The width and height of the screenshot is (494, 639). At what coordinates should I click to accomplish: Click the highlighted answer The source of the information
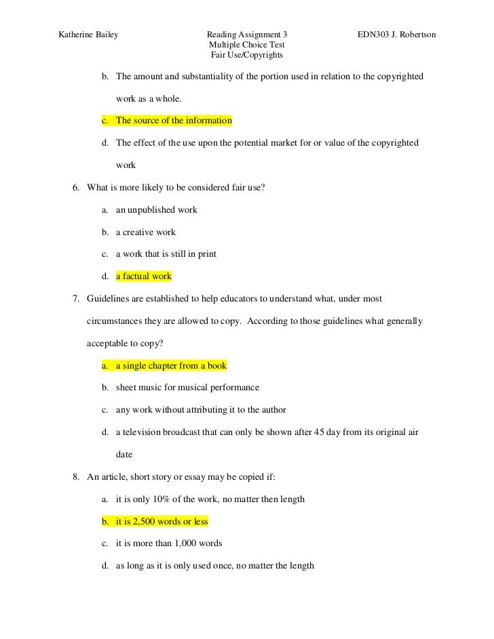pos(174,121)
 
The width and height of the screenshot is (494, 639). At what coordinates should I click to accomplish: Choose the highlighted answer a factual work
pos(144,276)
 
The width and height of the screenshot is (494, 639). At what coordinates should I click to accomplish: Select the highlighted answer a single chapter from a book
pos(171,365)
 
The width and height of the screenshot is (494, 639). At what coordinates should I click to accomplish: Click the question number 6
pos(76,188)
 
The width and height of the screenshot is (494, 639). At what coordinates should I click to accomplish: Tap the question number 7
pos(76,299)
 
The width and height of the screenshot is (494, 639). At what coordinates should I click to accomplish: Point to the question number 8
pos(76,476)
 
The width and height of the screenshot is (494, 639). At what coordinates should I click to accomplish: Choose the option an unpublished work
pos(156,210)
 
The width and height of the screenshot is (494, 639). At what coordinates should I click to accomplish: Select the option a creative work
pos(145,232)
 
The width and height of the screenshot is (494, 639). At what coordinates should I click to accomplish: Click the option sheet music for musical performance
pos(187,388)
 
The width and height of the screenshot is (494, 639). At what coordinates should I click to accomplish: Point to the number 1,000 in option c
pos(186,543)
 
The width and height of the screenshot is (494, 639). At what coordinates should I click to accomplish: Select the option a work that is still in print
pos(166,254)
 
